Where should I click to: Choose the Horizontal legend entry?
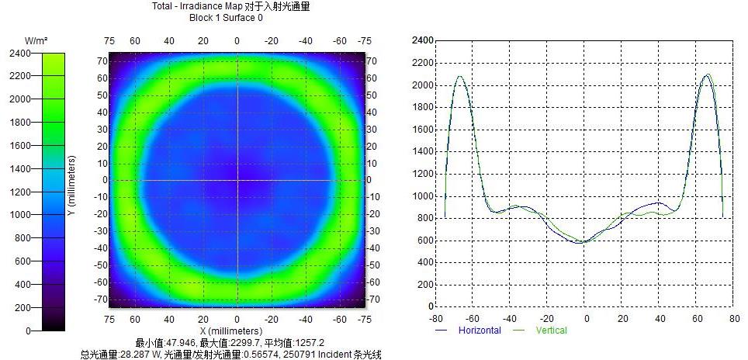click(479, 331)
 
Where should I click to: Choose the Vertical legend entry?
click(551, 331)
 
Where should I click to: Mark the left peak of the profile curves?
click(459, 76)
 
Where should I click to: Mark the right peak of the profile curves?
click(708, 75)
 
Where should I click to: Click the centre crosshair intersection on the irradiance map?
click(237, 180)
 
